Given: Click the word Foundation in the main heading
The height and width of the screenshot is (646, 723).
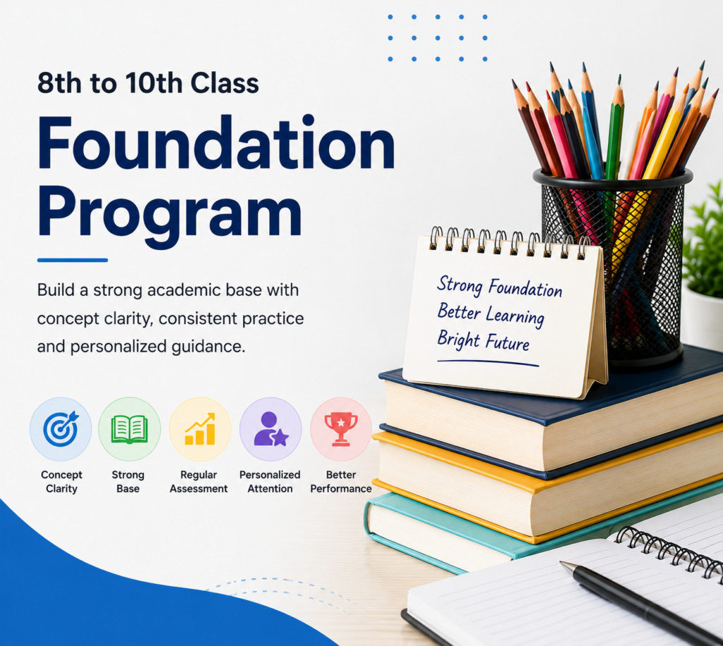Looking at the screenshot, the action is tap(216, 143).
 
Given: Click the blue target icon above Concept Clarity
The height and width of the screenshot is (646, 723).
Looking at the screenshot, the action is tap(61, 429).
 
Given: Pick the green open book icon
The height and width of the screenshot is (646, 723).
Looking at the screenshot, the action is tap(130, 429).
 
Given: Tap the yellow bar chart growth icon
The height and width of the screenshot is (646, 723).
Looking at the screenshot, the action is tap(200, 429).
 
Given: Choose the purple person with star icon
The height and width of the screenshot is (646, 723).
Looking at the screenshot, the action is tap(270, 429).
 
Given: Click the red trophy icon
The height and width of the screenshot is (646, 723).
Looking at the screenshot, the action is tap(341, 429).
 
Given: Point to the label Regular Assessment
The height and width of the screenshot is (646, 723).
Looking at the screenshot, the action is tap(198, 481).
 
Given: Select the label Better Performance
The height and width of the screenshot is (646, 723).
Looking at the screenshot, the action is tap(341, 481).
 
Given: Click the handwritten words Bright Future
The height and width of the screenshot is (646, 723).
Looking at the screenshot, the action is tap(483, 340).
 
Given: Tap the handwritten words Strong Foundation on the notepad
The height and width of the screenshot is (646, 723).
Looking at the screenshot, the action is tap(499, 287).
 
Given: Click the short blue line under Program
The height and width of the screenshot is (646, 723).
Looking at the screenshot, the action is tap(73, 260).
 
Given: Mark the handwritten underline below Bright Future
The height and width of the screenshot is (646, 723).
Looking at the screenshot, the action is tap(488, 363).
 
